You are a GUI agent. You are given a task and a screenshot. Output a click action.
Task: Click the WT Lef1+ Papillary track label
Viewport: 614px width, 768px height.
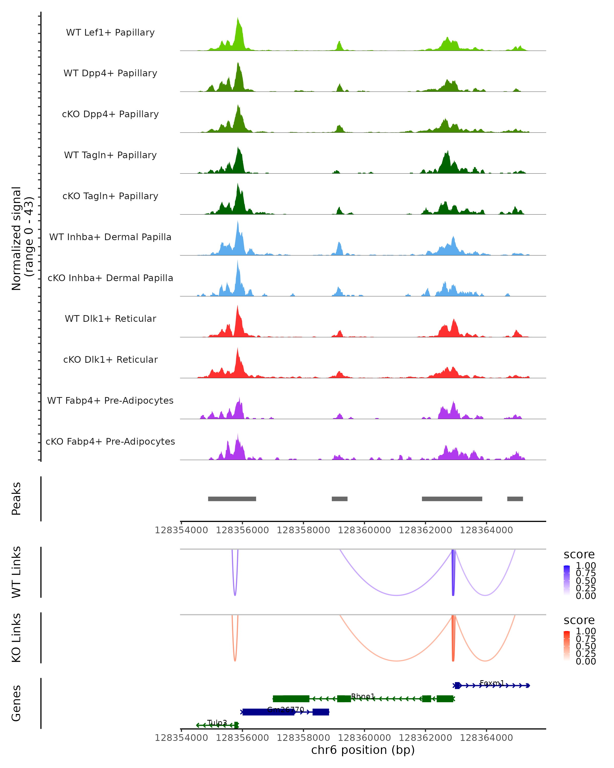tap(110, 33)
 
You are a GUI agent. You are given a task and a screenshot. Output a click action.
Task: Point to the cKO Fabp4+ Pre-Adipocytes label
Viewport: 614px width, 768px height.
tap(110, 441)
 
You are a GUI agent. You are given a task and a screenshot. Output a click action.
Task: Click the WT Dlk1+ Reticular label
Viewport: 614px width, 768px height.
tap(110, 318)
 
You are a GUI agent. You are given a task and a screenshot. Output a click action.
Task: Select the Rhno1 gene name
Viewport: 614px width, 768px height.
tap(363, 696)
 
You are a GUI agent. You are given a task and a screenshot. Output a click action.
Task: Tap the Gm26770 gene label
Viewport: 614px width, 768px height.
tap(286, 709)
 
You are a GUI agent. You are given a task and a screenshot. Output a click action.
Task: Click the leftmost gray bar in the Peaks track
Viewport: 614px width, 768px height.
tap(232, 499)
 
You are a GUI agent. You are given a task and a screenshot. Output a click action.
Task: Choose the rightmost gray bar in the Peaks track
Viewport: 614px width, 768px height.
tap(515, 499)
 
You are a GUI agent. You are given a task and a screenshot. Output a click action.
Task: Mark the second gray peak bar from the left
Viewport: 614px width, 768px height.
tap(339, 499)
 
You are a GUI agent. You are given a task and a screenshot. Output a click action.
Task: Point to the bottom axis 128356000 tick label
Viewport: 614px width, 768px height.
tap(242, 737)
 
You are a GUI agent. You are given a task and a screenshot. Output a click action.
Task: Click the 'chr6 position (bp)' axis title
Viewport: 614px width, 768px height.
tap(363, 750)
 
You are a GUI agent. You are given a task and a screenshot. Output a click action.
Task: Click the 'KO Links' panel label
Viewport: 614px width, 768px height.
tap(16, 638)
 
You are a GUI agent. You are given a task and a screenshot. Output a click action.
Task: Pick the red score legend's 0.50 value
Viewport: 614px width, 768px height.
tap(586, 646)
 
